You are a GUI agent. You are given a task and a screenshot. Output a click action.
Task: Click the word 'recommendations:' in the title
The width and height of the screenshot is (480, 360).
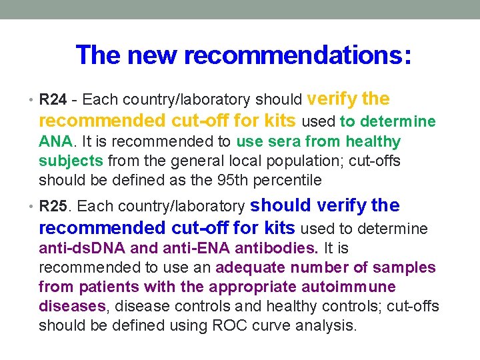[x=297, y=55]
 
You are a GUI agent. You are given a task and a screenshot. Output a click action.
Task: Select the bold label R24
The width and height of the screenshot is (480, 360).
[x=53, y=101]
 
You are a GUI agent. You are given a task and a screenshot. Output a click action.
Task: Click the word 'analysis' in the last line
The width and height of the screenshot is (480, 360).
[x=325, y=326]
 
